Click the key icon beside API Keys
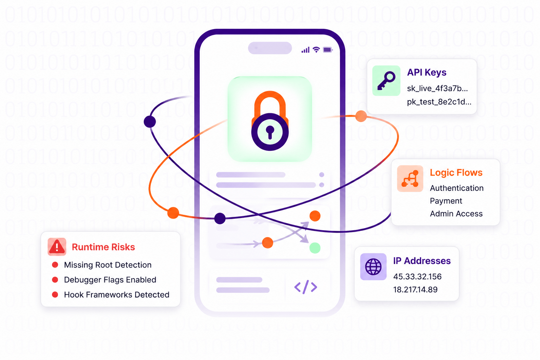pyautogui.click(x=386, y=81)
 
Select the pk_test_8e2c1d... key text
pyautogui.click(x=439, y=102)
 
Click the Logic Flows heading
pyautogui.click(x=456, y=173)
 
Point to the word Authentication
pyautogui.click(x=457, y=188)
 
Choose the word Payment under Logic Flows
pyautogui.click(x=446, y=201)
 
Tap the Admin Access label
pyautogui.click(x=456, y=214)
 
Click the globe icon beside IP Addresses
pyautogui.click(x=373, y=266)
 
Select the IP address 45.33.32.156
pyautogui.click(x=417, y=277)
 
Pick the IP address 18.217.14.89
pyautogui.click(x=415, y=290)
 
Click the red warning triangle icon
pyautogui.click(x=57, y=247)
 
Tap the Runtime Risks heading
pyautogui.click(x=103, y=247)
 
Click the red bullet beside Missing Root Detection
pyautogui.click(x=55, y=265)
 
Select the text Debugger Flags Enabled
pyautogui.click(x=110, y=280)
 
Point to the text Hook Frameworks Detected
pyautogui.click(x=117, y=295)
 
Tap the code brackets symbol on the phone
pyautogui.click(x=306, y=287)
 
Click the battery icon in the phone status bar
pyautogui.click(x=328, y=50)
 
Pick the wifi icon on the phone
pyautogui.click(x=316, y=50)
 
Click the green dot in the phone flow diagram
pyautogui.click(x=315, y=248)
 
